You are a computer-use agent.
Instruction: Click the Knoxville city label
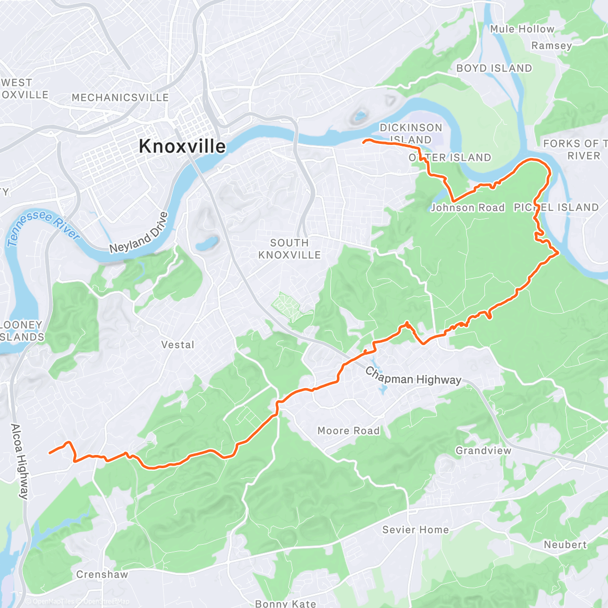(182, 146)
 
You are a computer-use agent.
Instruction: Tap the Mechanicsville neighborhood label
(120, 97)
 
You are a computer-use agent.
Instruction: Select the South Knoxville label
(289, 249)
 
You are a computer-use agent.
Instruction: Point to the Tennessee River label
(44, 228)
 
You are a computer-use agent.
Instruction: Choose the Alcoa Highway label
(20, 461)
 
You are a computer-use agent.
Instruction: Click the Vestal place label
(178, 345)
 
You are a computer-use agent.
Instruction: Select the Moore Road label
(349, 431)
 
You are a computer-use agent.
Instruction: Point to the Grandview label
(483, 450)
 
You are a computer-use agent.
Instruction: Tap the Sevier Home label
(415, 529)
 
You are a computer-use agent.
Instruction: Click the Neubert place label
(565, 545)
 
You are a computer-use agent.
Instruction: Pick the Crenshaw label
(102, 575)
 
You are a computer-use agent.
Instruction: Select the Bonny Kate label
(286, 603)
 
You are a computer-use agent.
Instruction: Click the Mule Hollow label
(522, 29)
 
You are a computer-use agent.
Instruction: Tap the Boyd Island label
(494, 68)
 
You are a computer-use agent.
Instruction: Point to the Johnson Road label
(468, 208)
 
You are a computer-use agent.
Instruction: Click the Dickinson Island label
(411, 133)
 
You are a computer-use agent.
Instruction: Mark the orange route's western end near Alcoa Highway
(50, 452)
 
